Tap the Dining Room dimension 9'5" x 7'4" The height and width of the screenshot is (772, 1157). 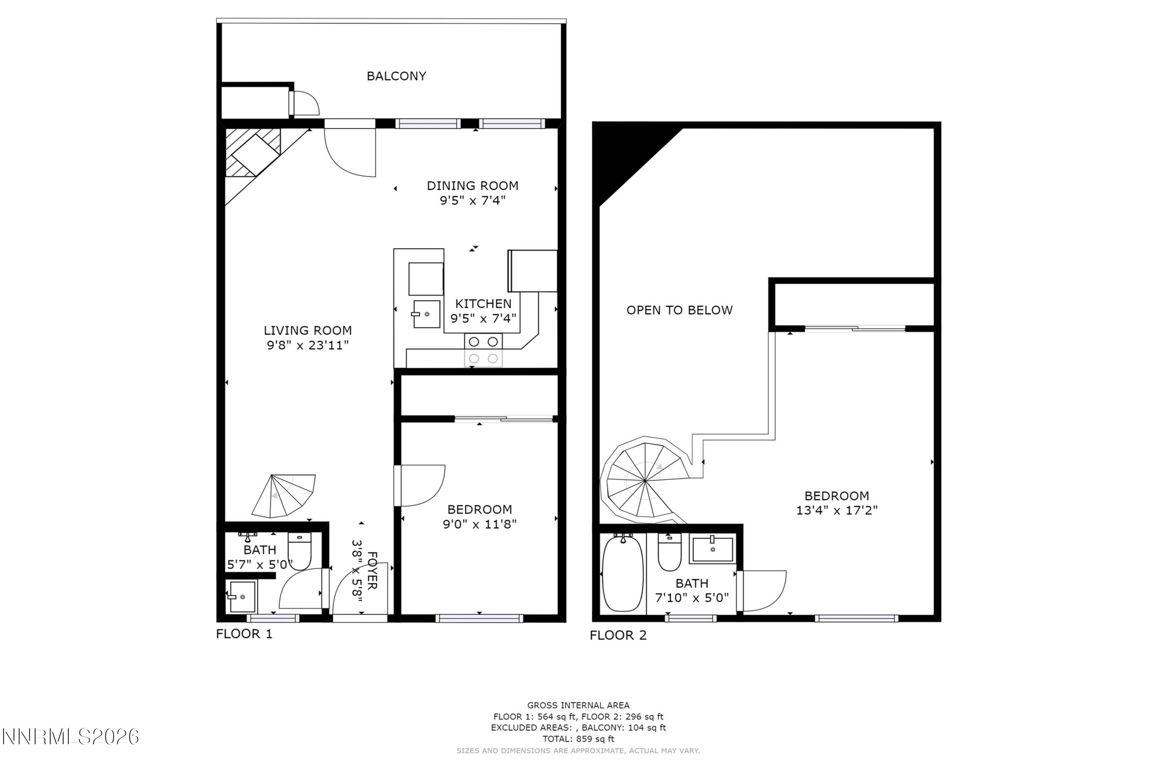[x=472, y=201]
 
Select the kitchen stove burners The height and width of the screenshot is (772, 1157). [x=483, y=350]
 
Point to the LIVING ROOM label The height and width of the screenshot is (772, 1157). [x=307, y=331]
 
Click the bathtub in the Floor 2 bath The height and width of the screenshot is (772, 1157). [x=622, y=574]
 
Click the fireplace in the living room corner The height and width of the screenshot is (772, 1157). [x=253, y=152]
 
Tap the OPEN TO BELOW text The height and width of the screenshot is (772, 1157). [x=679, y=311]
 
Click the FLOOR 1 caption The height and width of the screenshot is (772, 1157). [x=244, y=634]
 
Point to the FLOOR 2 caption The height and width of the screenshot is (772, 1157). [x=618, y=636]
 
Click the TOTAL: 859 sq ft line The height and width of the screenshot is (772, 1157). [x=578, y=738]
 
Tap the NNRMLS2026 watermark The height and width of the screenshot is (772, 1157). [x=70, y=737]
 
